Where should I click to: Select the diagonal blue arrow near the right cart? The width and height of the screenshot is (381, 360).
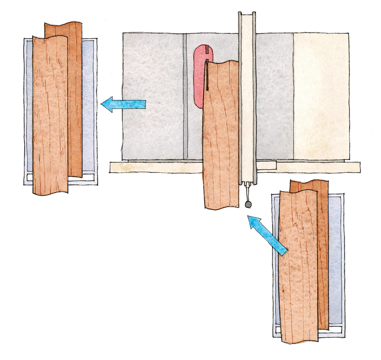point(269,233)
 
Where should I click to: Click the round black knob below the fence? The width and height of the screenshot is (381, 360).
point(248,204)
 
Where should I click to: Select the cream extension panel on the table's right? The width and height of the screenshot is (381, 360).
point(321,95)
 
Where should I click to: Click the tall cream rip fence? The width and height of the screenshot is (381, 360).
point(247,105)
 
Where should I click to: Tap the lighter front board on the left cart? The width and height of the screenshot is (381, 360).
point(50,114)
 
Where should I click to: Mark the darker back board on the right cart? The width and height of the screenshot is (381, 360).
point(323,257)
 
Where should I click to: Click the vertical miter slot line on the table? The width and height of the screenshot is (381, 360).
point(184,95)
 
